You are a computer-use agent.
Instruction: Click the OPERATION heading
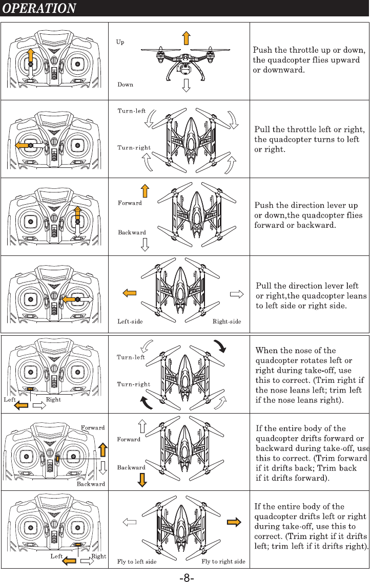pyautogui.click(x=40, y=9)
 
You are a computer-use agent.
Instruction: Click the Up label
pyautogui.click(x=120, y=42)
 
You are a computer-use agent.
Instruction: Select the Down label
pyautogui.click(x=126, y=84)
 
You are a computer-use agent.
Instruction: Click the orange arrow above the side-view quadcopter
pyautogui.click(x=186, y=37)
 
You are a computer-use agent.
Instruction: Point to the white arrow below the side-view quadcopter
pyautogui.click(x=186, y=85)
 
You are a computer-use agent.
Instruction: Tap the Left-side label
pyautogui.click(x=130, y=322)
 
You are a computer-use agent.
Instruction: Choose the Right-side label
pyautogui.click(x=227, y=322)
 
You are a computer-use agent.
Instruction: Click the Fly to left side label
pyautogui.click(x=137, y=562)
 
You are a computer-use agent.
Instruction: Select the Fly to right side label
pyautogui.click(x=223, y=562)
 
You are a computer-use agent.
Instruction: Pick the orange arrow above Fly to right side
pyautogui.click(x=234, y=522)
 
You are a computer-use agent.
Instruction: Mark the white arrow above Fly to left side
pyautogui.click(x=130, y=522)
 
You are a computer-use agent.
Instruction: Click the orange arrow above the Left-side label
pyautogui.click(x=129, y=293)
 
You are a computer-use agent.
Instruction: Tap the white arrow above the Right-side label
pyautogui.click(x=236, y=294)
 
